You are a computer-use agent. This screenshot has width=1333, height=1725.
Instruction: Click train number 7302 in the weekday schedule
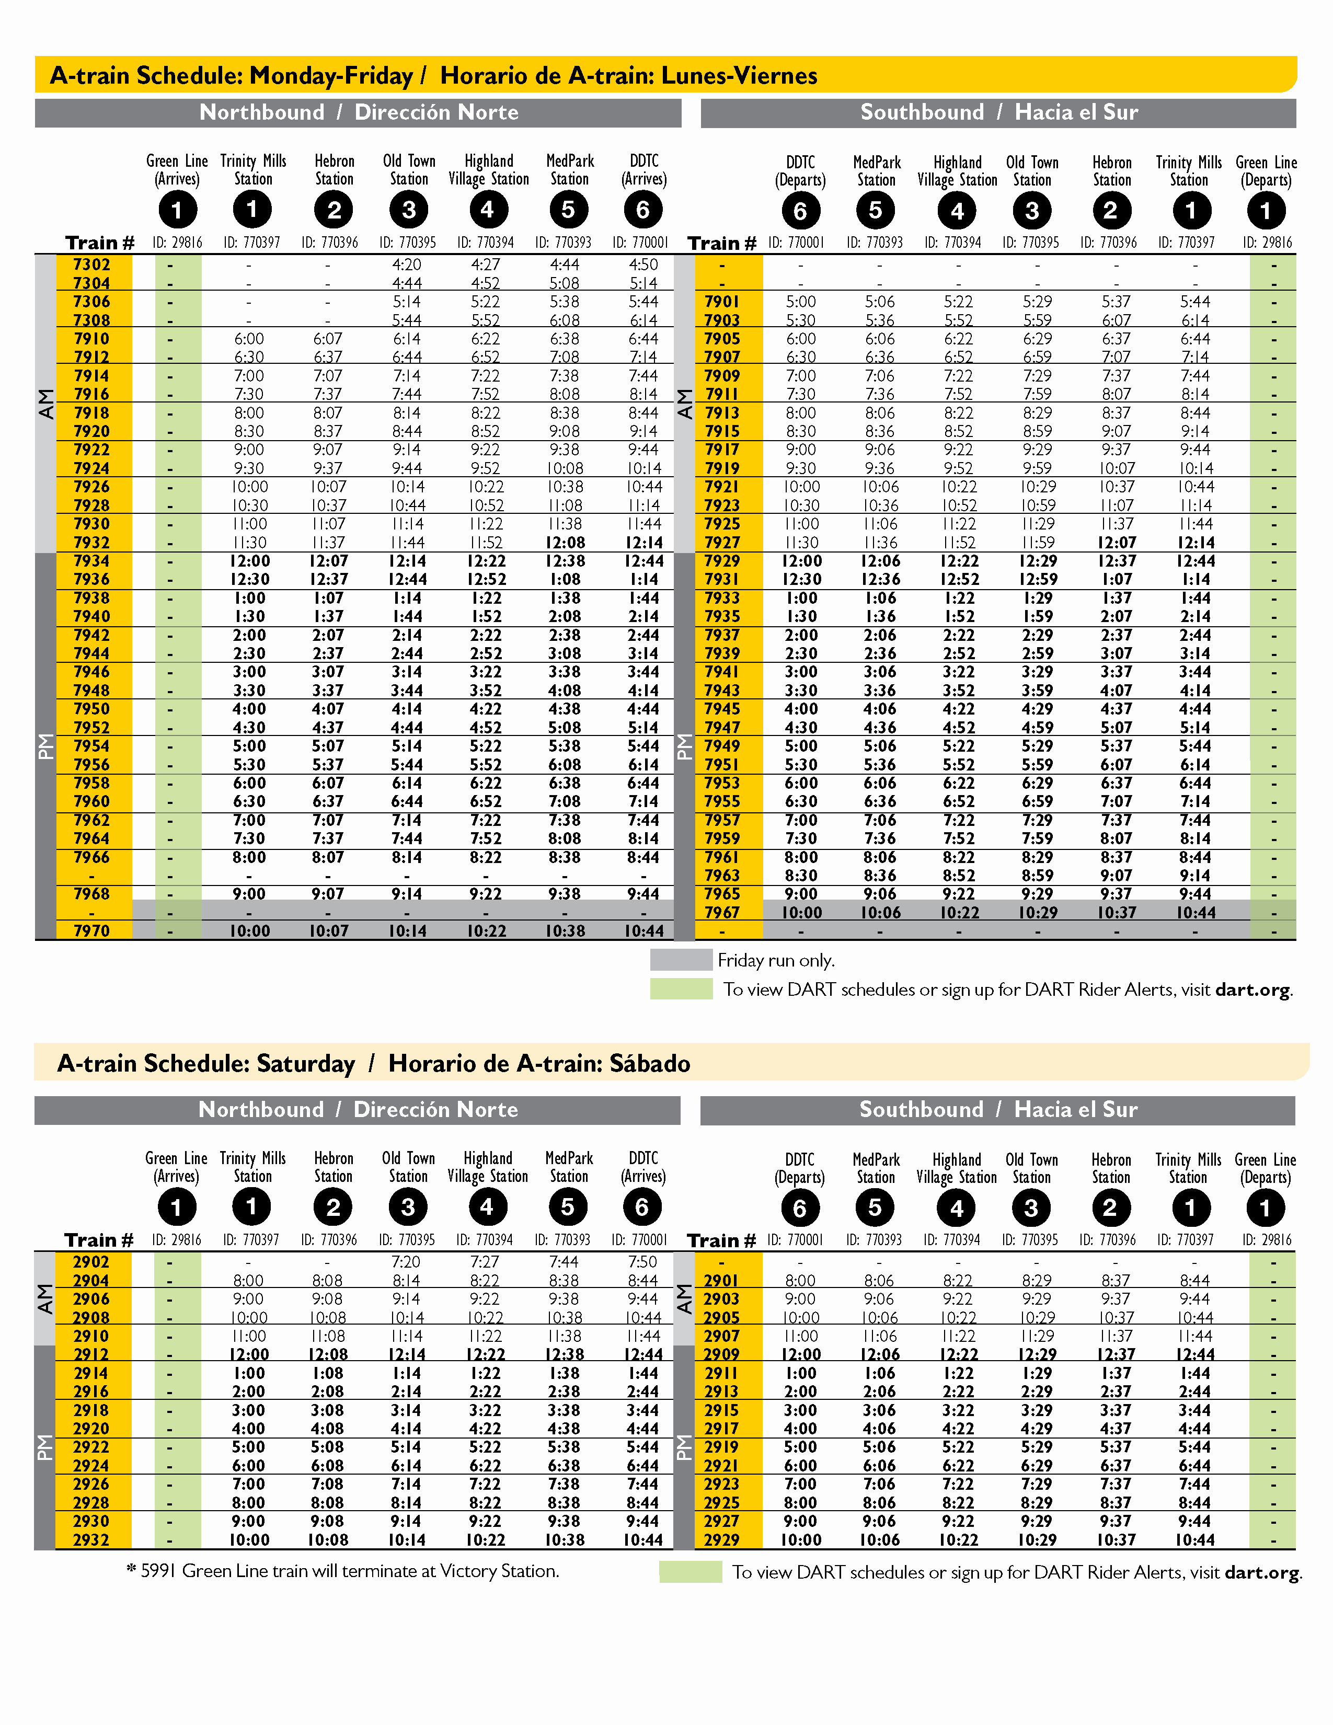91,264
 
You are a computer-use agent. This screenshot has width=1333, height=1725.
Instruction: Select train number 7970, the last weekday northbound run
91,931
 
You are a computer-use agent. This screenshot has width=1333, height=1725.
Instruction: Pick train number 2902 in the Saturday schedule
91,1262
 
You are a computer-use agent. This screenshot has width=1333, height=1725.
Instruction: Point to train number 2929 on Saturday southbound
722,1539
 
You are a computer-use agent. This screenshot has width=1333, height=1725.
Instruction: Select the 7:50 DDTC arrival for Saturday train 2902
643,1262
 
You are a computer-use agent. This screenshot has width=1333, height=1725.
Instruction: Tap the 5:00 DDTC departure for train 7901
801,302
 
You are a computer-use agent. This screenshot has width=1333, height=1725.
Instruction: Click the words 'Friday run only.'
775,960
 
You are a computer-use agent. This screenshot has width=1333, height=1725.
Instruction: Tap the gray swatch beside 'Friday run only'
681,960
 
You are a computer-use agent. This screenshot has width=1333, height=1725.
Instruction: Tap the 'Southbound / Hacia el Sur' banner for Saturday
997,1110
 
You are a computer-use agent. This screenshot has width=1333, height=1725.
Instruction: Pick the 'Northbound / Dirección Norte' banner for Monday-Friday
359,112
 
